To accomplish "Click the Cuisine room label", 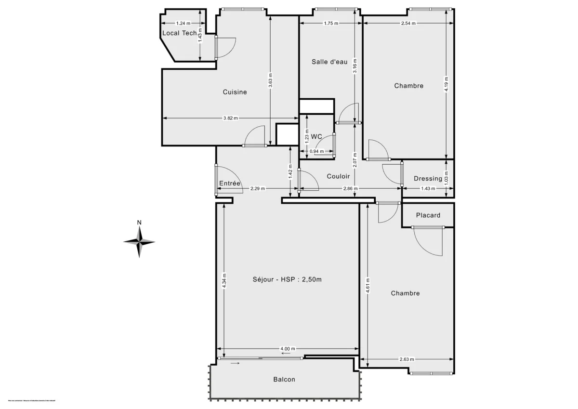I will (235, 92).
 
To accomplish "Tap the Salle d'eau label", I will (329, 62).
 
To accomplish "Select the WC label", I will (316, 137).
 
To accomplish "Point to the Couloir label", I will (338, 176).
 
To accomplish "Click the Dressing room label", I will (428, 179).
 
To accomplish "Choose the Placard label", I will (428, 215).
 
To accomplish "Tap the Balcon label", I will (284, 380).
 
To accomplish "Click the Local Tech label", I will (179, 33).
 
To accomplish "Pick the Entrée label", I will (230, 183).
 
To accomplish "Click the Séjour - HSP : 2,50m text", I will (287, 279).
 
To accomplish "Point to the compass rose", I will (139, 242).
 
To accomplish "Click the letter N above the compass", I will (139, 223).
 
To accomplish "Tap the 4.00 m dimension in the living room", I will (288, 349).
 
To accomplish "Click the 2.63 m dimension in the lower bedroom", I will (407, 359).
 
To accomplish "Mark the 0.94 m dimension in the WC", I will (316, 151).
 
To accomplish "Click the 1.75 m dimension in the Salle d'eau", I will (330, 24).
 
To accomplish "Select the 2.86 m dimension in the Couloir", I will (350, 188).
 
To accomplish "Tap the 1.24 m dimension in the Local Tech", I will (183, 24).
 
